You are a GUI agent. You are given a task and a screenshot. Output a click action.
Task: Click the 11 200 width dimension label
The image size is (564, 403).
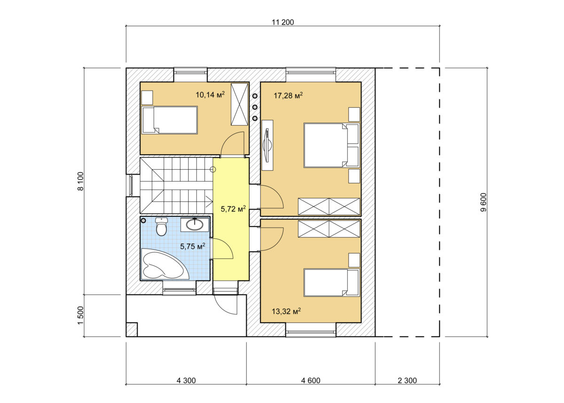pos(283,22)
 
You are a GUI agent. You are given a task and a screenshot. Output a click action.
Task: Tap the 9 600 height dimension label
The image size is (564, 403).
pos(484,202)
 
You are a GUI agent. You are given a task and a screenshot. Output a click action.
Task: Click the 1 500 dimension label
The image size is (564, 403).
pos(80,316)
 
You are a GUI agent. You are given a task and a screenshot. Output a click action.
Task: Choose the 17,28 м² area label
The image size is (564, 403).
pos(288,95)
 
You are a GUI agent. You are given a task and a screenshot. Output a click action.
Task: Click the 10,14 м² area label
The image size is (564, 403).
pos(210,95)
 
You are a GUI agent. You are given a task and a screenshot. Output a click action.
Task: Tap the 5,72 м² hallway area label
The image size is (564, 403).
pos(233,208)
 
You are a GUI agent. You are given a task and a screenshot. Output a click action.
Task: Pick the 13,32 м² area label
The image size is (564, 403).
pos(286,311)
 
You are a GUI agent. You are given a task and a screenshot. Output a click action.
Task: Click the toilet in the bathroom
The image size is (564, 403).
pos(161,227)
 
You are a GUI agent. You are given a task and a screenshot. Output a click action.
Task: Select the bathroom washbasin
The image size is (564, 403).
pos(195,224)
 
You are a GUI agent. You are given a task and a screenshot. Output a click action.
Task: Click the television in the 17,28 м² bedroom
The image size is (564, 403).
pos(267,145)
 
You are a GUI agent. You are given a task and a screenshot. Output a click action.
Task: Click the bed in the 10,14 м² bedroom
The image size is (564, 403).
pos(170,120)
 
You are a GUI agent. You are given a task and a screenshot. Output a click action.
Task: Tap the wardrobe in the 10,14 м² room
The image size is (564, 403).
pos(239,104)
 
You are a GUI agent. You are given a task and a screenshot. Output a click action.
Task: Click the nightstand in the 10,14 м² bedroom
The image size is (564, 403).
pos(147,97)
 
